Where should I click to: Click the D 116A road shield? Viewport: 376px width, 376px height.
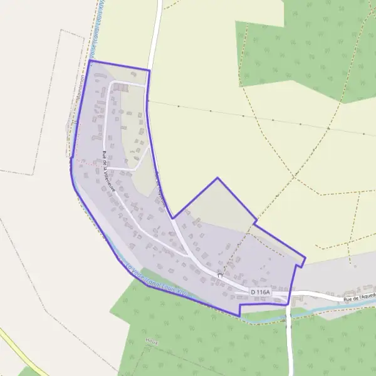pyautogui.click(x=260, y=292)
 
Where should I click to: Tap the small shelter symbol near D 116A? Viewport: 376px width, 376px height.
pyautogui.click(x=220, y=274)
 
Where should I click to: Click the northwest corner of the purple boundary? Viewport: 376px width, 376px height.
pyautogui.click(x=91, y=61)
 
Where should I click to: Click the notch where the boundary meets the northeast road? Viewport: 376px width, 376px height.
pyautogui.click(x=173, y=218)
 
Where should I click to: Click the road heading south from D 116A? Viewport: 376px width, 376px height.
pyautogui.click(x=289, y=338)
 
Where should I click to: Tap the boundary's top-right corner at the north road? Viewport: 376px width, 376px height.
pyautogui.click(x=149, y=70)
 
